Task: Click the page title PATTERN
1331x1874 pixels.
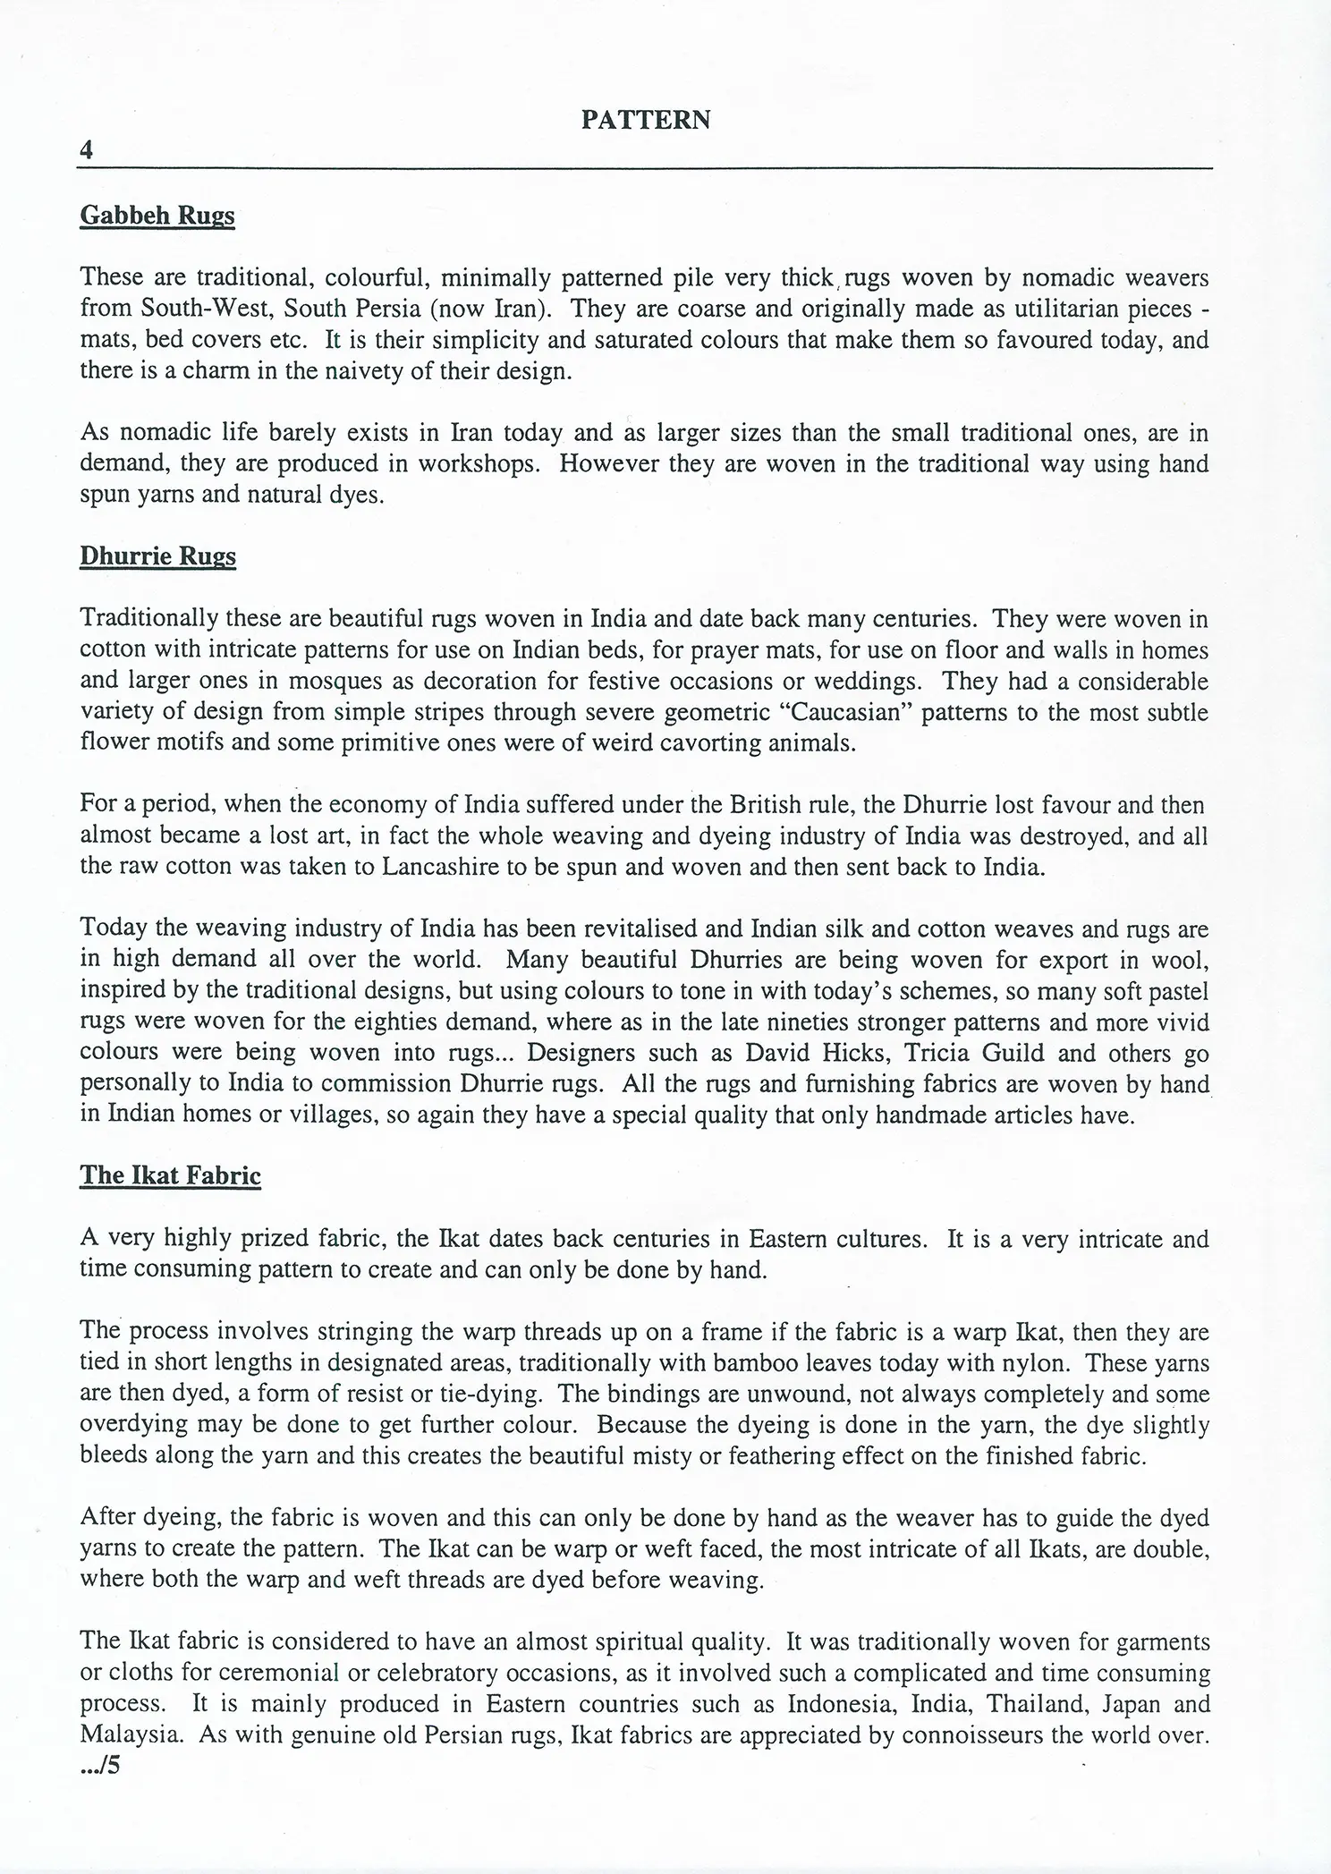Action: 646,120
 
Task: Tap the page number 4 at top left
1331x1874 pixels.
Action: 86,150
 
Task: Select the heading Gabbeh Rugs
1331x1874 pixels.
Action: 157,216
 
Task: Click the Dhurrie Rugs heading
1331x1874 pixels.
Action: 157,556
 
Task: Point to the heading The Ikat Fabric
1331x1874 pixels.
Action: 170,1175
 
